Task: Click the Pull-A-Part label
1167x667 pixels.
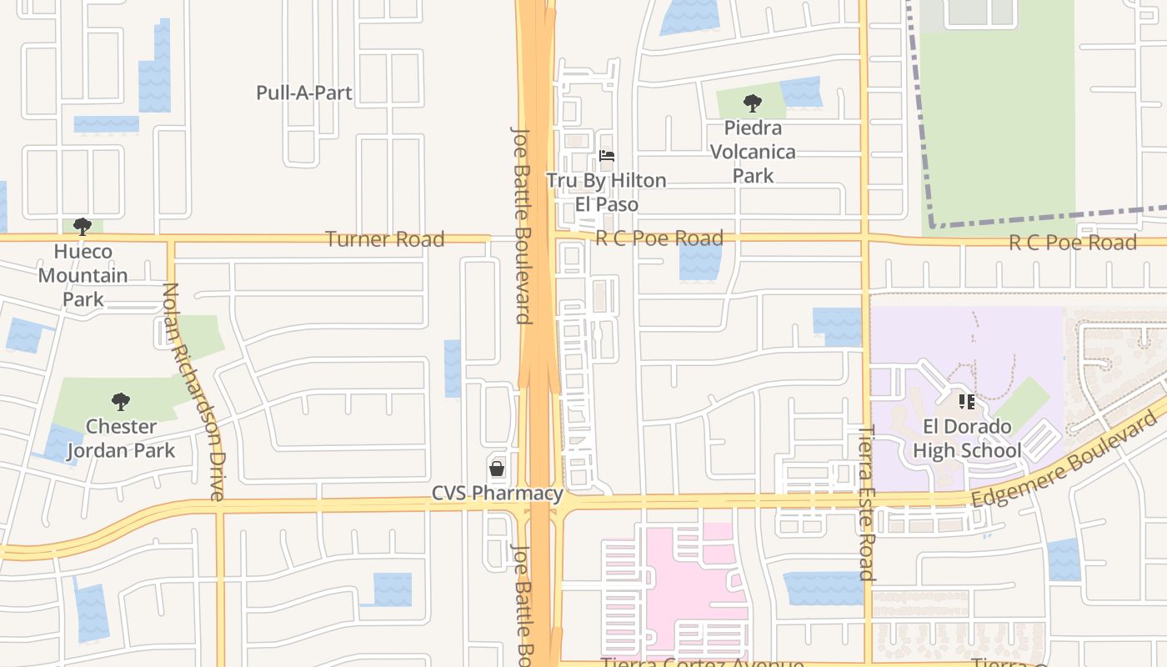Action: (304, 93)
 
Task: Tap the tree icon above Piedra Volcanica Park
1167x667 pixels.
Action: (753, 103)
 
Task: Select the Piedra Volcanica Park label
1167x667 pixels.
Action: (753, 152)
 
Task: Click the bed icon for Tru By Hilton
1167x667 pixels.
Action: (607, 156)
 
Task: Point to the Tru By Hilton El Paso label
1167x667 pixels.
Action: (606, 193)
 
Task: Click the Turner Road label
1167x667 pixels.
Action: (384, 239)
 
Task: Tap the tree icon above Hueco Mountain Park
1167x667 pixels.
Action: (83, 226)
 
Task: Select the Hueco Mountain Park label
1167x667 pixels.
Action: (83, 275)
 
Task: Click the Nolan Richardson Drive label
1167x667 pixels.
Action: (193, 392)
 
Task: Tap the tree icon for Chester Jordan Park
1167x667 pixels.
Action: (121, 402)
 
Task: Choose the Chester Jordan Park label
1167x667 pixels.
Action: (121, 439)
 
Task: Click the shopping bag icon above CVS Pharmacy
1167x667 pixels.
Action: (497, 469)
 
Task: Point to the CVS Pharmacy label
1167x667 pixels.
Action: (497, 494)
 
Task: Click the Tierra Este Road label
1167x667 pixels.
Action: (867, 503)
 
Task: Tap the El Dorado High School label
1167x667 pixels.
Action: (967, 439)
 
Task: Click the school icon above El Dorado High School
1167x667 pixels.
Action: (967, 402)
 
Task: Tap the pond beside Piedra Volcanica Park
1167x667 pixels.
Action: (801, 92)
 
